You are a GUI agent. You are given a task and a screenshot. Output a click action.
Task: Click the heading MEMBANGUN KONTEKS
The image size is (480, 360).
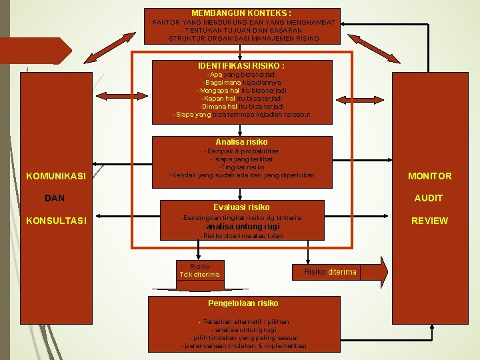click(241, 13)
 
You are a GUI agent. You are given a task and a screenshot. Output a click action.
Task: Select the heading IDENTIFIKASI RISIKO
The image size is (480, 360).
click(241, 66)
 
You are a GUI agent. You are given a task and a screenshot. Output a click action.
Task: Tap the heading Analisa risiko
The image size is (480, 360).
click(241, 142)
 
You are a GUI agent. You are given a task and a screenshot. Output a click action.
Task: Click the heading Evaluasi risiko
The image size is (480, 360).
click(241, 207)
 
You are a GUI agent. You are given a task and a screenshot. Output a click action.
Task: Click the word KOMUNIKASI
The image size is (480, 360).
click(56, 176)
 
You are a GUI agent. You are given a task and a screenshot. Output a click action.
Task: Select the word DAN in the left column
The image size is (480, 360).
click(55, 198)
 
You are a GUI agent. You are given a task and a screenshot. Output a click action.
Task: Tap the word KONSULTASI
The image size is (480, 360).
click(56, 221)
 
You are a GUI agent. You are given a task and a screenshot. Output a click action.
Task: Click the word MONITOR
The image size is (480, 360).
click(429, 176)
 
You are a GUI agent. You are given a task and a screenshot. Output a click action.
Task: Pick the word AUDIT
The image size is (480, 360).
click(429, 198)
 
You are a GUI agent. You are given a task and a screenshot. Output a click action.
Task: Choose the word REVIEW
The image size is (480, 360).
click(429, 221)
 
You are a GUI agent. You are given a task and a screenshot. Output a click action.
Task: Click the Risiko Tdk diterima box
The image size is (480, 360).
click(199, 270)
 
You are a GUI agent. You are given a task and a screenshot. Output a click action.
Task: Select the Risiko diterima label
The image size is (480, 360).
click(330, 271)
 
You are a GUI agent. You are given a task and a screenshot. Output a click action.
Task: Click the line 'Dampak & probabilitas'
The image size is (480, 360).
click(241, 151)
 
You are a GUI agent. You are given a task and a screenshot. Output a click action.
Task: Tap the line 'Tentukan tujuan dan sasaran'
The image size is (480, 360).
click(241, 30)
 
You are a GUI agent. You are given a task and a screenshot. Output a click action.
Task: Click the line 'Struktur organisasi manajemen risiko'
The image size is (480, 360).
click(241, 38)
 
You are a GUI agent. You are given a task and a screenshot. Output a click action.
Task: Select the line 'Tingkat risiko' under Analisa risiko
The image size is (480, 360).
click(241, 167)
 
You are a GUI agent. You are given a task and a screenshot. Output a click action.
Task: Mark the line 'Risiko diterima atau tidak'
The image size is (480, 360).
click(241, 236)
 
